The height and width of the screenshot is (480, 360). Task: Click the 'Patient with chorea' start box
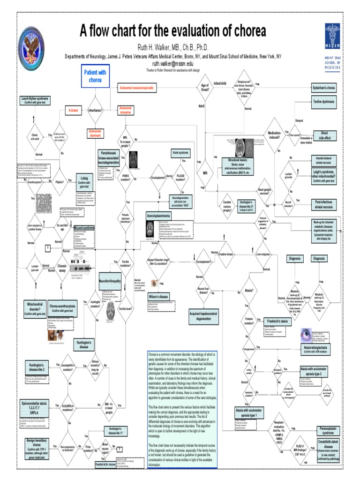click(x=95, y=76)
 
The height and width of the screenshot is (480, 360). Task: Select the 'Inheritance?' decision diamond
click(x=96, y=111)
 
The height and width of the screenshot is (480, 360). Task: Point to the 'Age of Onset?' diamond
click(x=204, y=88)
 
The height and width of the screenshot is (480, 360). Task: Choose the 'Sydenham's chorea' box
click(x=323, y=88)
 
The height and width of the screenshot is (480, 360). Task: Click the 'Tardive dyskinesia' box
click(x=323, y=102)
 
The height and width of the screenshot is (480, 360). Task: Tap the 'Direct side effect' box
click(x=325, y=136)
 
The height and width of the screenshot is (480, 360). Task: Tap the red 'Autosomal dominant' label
click(x=95, y=134)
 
